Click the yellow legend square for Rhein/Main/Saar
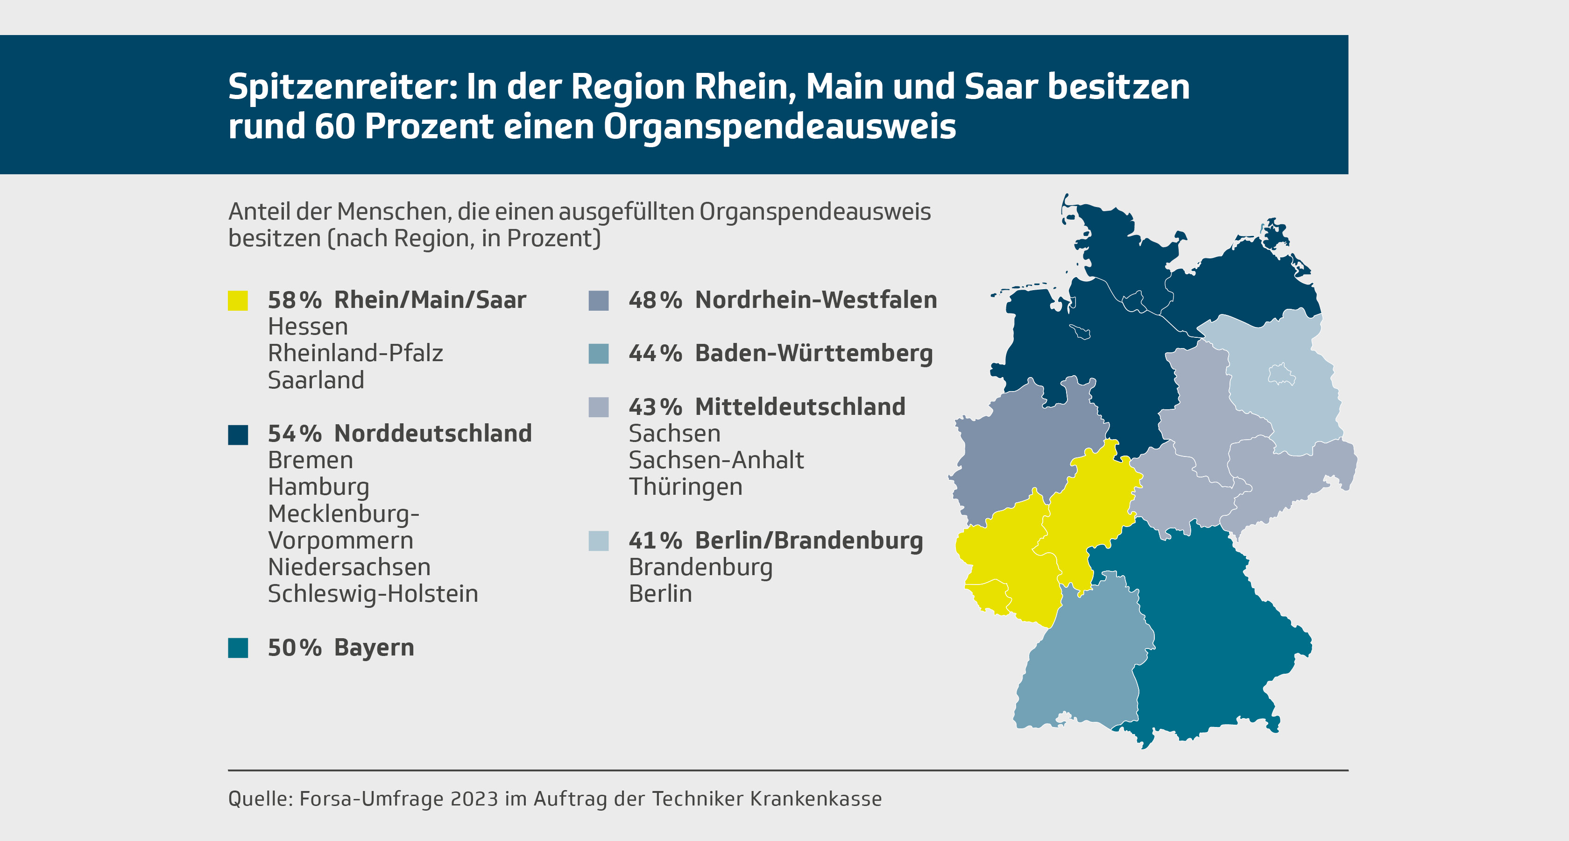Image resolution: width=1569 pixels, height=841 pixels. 238,300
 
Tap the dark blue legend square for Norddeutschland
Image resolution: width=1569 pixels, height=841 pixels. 238,435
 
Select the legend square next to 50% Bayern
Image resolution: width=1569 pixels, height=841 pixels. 238,648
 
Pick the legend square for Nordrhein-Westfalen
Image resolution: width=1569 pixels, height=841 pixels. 598,300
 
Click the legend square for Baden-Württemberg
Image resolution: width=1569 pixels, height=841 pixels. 598,354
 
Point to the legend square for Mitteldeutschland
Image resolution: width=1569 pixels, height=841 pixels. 598,407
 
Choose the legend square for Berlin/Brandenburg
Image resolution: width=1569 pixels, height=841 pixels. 598,541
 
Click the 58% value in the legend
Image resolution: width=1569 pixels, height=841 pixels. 294,300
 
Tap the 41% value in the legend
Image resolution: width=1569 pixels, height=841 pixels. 655,541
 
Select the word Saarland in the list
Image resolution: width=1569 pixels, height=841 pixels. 316,380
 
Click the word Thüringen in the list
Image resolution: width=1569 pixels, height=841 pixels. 685,487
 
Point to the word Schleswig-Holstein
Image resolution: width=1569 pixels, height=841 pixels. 373,594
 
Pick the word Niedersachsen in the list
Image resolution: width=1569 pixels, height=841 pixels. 349,567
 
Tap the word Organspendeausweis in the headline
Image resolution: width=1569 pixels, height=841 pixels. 780,127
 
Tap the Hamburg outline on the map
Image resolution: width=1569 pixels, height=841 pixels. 1133,301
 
